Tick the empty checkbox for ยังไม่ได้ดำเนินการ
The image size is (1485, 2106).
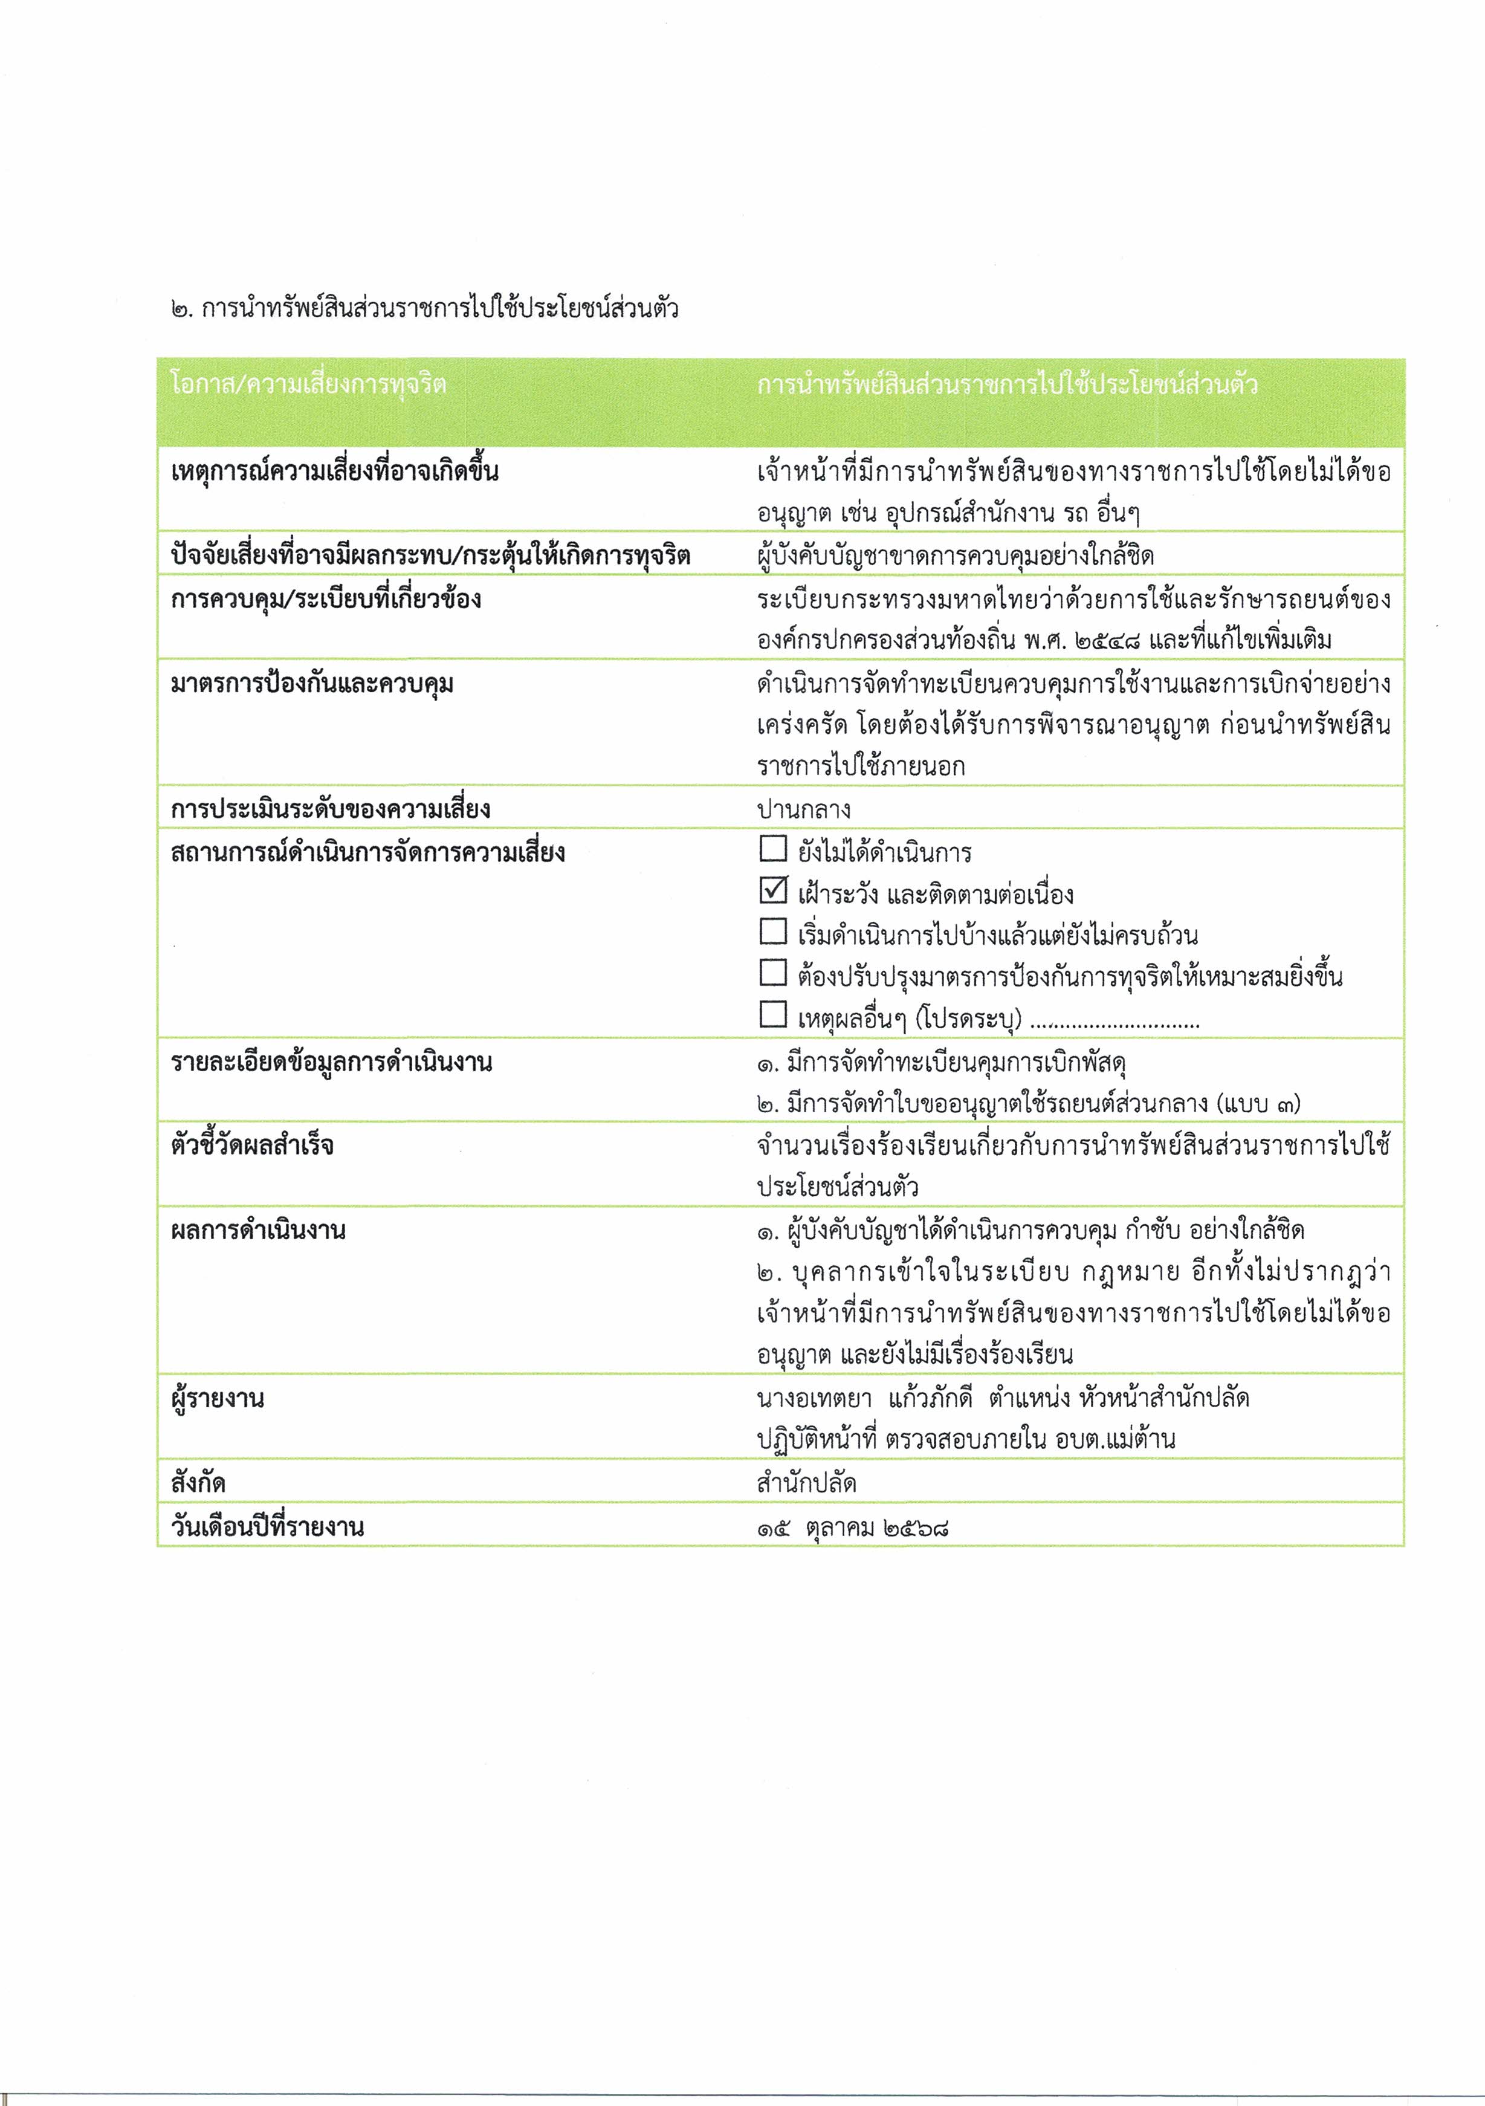[773, 849]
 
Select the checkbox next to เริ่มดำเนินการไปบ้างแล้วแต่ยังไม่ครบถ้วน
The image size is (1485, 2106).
[773, 932]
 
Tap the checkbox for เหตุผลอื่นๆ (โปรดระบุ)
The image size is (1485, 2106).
[773, 1014]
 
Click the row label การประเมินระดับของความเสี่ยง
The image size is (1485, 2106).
[330, 809]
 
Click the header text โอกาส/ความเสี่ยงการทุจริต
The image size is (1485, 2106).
[308, 383]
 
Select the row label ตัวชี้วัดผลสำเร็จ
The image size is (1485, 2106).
[252, 1145]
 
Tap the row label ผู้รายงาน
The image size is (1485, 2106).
[218, 1399]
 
